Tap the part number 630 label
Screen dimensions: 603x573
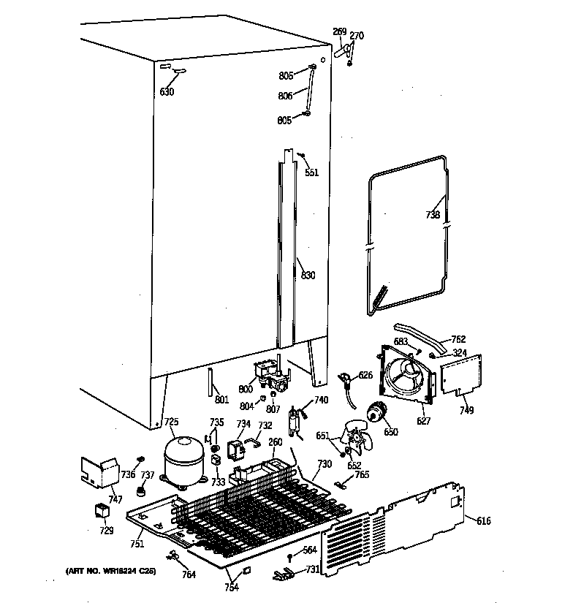click(x=167, y=92)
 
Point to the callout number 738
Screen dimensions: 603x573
click(x=433, y=215)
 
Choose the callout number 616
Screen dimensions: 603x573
click(x=484, y=520)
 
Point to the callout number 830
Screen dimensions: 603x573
click(x=308, y=276)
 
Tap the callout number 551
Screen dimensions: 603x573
click(x=312, y=173)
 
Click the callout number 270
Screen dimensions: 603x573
click(x=357, y=36)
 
